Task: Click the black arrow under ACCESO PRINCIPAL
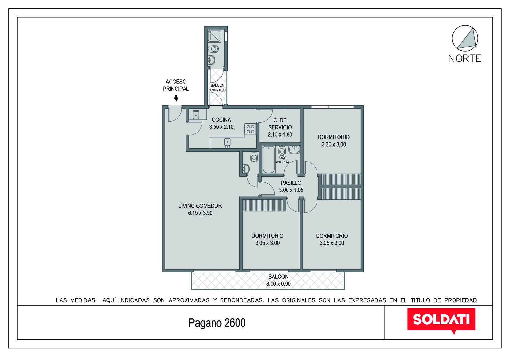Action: pyautogui.click(x=176, y=98)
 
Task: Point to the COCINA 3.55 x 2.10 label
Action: pyautogui.click(x=221, y=123)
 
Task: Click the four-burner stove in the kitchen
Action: pyautogui.click(x=251, y=129)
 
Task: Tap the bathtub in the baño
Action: pyautogui.click(x=269, y=160)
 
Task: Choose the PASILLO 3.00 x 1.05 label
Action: pyautogui.click(x=291, y=186)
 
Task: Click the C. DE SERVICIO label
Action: pyautogui.click(x=280, y=127)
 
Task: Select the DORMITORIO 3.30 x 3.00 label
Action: pyautogui.click(x=333, y=140)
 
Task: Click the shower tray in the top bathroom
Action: pyautogui.click(x=214, y=36)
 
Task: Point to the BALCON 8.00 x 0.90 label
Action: pyautogui.click(x=279, y=280)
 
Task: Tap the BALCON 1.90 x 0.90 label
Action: pyautogui.click(x=217, y=88)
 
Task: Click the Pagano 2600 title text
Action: pyautogui.click(x=217, y=323)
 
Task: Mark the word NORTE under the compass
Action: pyautogui.click(x=465, y=59)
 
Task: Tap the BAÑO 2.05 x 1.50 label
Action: pyautogui.click(x=282, y=160)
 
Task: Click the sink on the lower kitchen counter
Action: pyautogui.click(x=228, y=142)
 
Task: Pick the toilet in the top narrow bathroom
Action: pyautogui.click(x=213, y=49)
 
